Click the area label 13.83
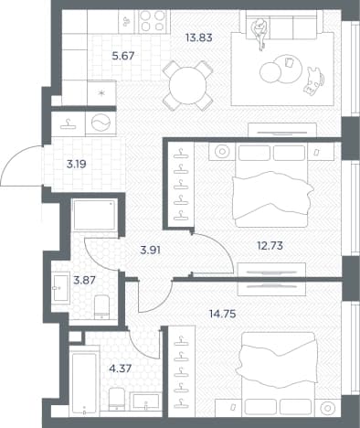tap(199, 38)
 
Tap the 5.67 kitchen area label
tap(123, 56)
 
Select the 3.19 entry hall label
tap(77, 165)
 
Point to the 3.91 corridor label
tap(150, 251)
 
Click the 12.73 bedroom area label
tap(270, 245)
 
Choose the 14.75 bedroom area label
tap(223, 314)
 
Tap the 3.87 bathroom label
tap(85, 280)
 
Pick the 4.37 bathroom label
tap(121, 369)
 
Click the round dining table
tap(187, 86)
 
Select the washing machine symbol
tap(101, 123)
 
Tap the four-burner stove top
tap(152, 21)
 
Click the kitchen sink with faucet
tap(126, 21)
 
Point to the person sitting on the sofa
tap(260, 33)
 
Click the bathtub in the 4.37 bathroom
tap(84, 380)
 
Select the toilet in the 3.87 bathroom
tap(101, 307)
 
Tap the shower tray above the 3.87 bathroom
tap(94, 215)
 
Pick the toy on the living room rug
tap(313, 80)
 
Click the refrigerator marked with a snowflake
tap(101, 92)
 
